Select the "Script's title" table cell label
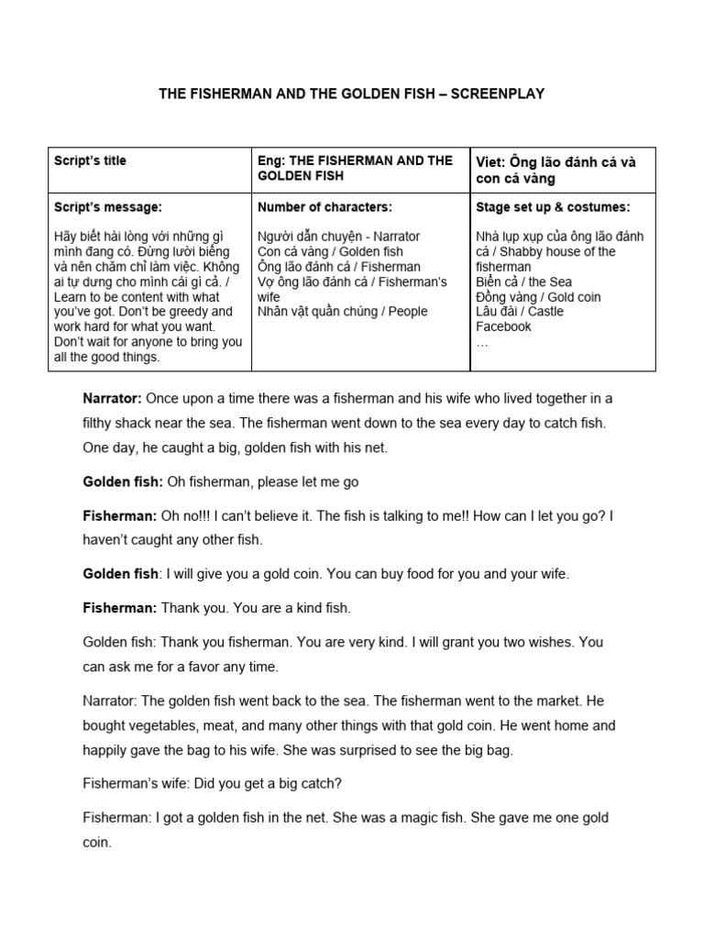[90, 160]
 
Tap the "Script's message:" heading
[108, 207]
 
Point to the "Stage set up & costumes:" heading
[553, 207]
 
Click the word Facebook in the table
[503, 326]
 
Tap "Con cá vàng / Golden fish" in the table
[330, 251]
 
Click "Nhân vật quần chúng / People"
[343, 312]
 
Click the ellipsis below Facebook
[482, 341]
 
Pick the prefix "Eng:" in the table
[271, 160]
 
